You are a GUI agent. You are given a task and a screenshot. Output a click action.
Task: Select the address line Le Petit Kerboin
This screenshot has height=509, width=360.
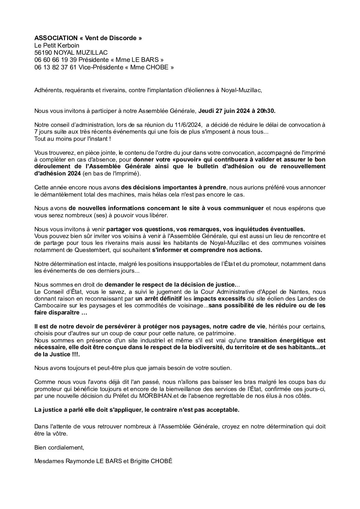[x=52, y=45]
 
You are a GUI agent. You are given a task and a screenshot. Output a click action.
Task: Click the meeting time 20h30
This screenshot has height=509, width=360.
[x=266, y=111]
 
